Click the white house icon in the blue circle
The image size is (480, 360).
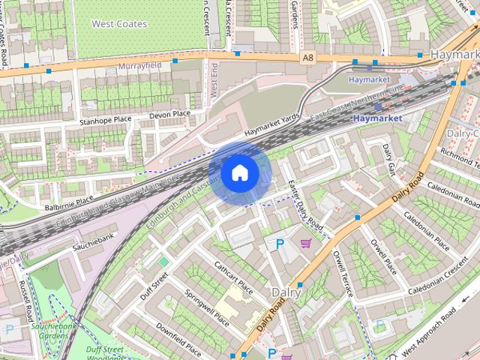pos(239,173)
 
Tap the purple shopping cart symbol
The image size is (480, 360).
pos(306,243)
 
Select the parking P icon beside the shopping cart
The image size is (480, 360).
pos(280,244)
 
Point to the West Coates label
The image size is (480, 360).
pos(119,24)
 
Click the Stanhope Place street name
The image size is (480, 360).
pos(106,119)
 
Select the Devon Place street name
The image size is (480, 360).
pos(170,114)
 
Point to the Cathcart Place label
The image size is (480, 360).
pos(234,278)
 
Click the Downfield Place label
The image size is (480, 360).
pos(178,337)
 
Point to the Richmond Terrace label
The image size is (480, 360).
pos(458,160)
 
